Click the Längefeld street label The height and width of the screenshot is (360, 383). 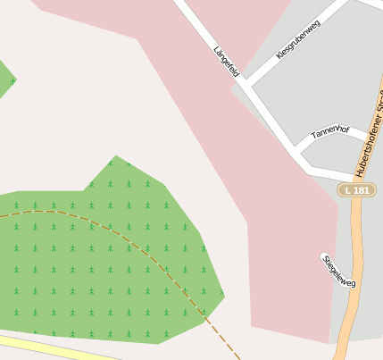pos(227,62)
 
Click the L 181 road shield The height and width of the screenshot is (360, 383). pos(356,190)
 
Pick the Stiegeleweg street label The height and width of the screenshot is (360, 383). pos(339,271)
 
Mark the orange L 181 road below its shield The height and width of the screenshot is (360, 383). pos(349,268)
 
